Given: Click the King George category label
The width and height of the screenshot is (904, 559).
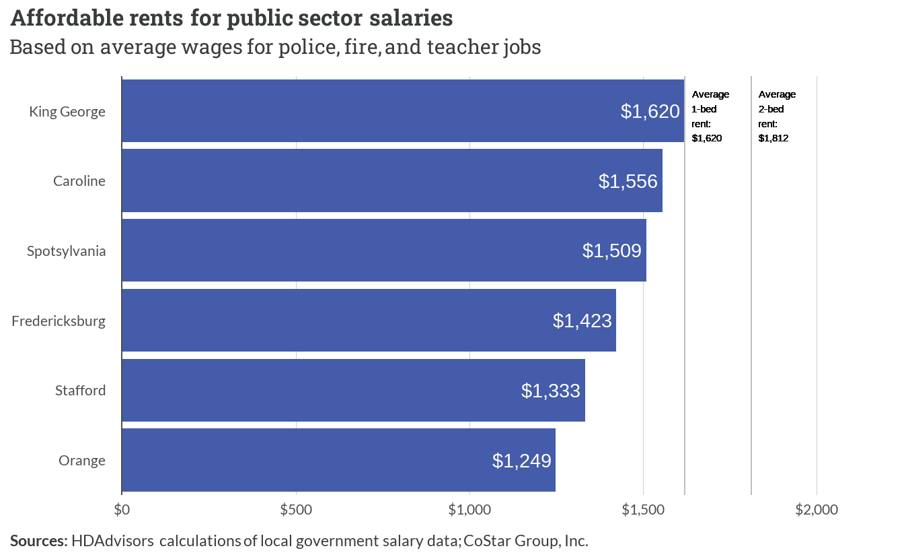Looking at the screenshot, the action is pyautogui.click(x=67, y=112).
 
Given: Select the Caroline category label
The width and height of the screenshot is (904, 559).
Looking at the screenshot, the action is pyautogui.click(x=79, y=180).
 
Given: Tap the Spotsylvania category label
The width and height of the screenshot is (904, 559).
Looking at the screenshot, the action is pyautogui.click(x=66, y=251).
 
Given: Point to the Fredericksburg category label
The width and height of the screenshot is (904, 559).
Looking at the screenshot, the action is pyautogui.click(x=59, y=321).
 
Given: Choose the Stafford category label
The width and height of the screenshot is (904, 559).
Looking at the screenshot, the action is pyautogui.click(x=80, y=391).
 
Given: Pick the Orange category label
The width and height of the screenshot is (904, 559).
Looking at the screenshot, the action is pyautogui.click(x=82, y=461).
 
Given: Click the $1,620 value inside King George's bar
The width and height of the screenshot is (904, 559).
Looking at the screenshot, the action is pyautogui.click(x=650, y=111).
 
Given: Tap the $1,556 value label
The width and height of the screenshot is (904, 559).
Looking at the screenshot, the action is pyautogui.click(x=628, y=181).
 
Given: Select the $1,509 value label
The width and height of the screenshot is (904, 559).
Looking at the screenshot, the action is pyautogui.click(x=611, y=251).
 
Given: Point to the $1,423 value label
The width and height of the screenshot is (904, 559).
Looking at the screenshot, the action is pyautogui.click(x=582, y=321).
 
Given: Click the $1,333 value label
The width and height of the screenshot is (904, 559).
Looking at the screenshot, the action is pyautogui.click(x=550, y=391).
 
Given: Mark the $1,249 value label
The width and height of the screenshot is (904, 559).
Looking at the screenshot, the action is pyautogui.click(x=521, y=461).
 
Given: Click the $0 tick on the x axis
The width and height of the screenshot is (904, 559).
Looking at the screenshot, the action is pyautogui.click(x=122, y=510).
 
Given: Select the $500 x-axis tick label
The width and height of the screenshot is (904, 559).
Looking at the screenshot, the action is pyautogui.click(x=296, y=510).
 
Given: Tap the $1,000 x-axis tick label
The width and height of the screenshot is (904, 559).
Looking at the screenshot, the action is pyautogui.click(x=469, y=510).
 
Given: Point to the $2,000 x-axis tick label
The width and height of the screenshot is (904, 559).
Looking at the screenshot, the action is pyautogui.click(x=817, y=510).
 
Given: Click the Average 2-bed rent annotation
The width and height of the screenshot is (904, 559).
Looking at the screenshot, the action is pyautogui.click(x=777, y=117).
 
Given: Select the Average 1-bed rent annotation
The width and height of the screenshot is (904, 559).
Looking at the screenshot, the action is pyautogui.click(x=710, y=117).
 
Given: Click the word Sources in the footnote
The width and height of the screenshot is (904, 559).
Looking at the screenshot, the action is pyautogui.click(x=39, y=541).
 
